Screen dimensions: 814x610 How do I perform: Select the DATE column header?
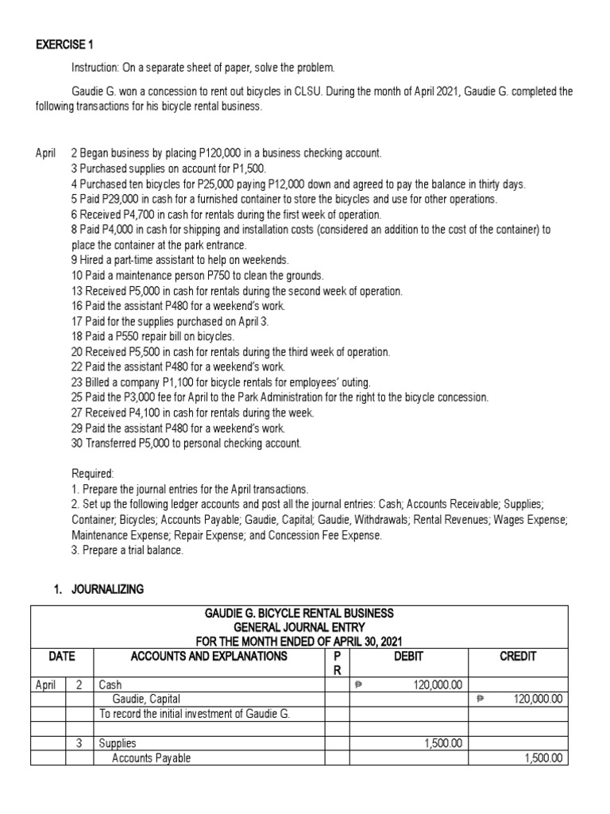62,657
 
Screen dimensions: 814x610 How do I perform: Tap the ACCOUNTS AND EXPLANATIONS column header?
208,657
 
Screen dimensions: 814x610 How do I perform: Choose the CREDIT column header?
519,657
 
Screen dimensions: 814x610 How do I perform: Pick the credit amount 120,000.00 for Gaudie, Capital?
538,699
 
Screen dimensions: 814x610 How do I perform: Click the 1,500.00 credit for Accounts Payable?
544,758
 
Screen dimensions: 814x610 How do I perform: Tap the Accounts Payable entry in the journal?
152,758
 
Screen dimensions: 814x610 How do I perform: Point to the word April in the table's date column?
48,684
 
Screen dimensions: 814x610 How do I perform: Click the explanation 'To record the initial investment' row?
194,713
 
